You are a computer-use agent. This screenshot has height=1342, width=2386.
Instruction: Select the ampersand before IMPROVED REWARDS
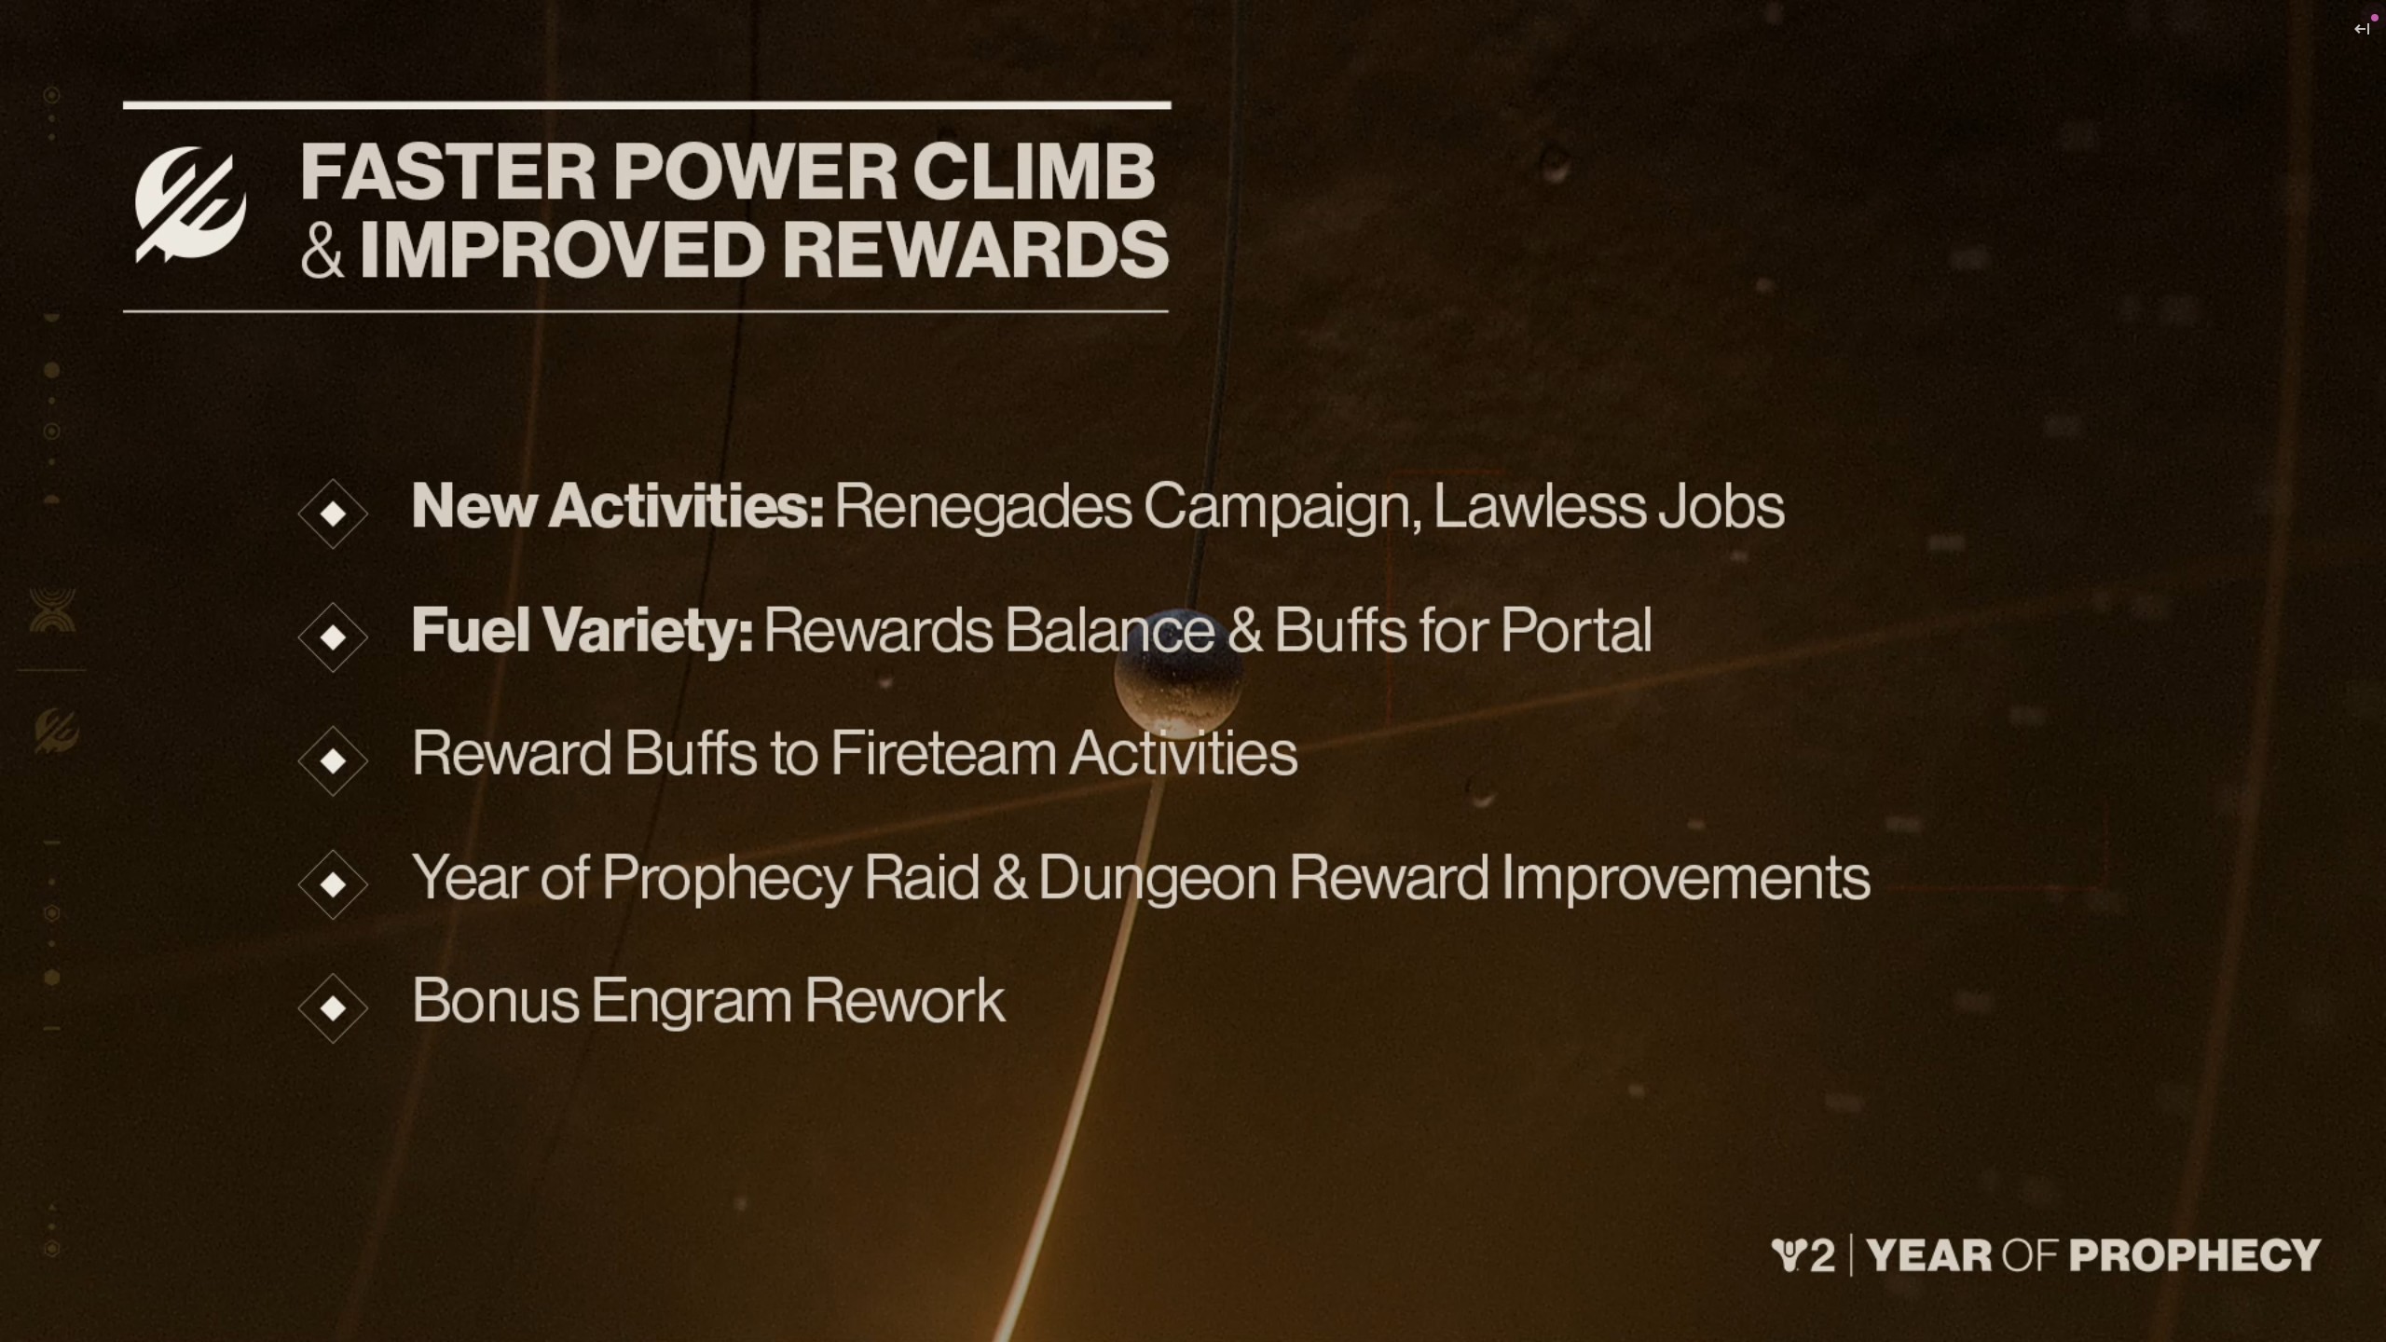coord(322,251)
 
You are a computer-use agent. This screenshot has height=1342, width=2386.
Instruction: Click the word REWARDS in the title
coord(975,250)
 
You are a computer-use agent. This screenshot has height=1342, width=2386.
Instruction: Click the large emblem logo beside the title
coord(191,204)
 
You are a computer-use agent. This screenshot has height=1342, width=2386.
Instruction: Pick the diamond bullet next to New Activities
coord(333,514)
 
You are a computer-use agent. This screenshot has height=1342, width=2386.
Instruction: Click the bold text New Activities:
coord(618,506)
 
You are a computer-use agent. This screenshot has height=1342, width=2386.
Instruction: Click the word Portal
coord(1576,630)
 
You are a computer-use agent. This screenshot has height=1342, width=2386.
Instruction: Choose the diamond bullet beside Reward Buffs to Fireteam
coord(333,760)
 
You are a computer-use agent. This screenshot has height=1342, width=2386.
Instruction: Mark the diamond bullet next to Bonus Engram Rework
coord(333,1007)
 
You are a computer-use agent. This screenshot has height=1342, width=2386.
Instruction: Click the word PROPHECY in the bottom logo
coord(2195,1255)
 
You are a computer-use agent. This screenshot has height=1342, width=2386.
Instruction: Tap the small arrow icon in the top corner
coord(2362,29)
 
